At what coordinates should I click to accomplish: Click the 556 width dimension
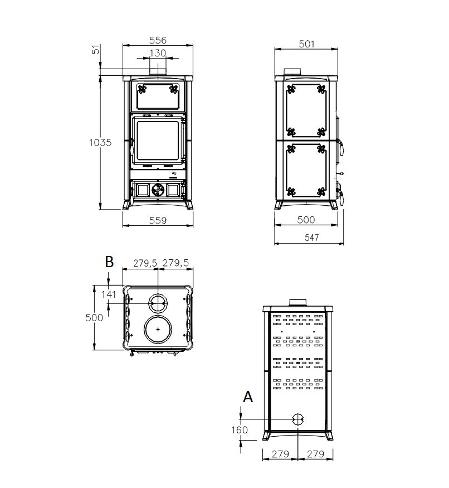tap(158, 40)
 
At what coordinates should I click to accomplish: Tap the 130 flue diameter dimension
tap(158, 53)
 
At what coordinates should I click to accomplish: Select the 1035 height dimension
tap(100, 143)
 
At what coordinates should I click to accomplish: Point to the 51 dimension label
tap(96, 50)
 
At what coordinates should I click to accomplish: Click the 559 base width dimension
tap(158, 220)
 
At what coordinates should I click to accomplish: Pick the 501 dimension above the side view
tap(306, 44)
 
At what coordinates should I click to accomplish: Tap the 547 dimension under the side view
tap(311, 238)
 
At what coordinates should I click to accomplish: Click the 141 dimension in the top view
tap(109, 294)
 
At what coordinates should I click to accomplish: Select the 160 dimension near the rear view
tap(240, 430)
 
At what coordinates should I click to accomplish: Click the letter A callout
tap(248, 397)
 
